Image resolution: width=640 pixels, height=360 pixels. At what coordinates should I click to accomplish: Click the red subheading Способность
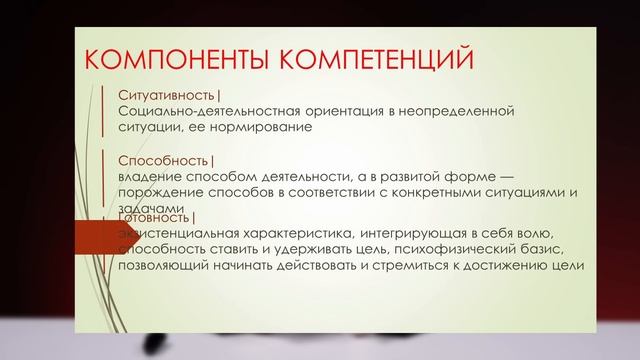tap(163, 160)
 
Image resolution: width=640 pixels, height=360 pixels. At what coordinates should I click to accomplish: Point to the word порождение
tap(160, 192)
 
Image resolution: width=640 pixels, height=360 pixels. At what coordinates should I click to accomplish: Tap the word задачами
tap(147, 207)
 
